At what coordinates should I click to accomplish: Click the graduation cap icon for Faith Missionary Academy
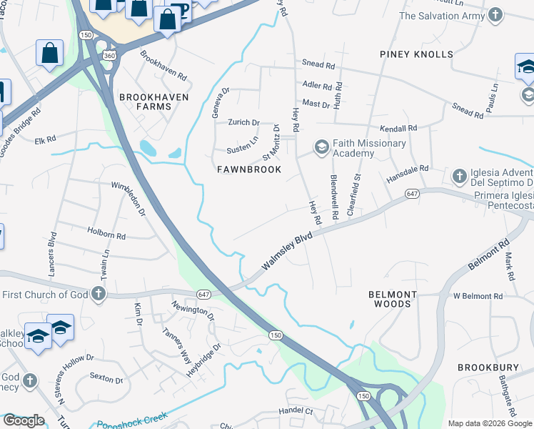[321, 148]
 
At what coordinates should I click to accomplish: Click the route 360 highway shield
[109, 55]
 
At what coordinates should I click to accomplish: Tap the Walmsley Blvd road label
[288, 255]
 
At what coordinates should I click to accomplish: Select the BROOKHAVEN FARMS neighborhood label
[145, 102]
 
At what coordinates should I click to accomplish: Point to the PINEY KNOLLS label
[417, 54]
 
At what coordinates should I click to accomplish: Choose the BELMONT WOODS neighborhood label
[390, 299]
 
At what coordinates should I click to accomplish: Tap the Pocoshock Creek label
[132, 420]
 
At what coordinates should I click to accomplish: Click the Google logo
[24, 420]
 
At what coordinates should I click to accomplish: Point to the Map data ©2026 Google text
[489, 423]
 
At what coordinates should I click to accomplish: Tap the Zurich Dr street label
[243, 123]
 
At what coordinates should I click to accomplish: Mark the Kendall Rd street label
[398, 128]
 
